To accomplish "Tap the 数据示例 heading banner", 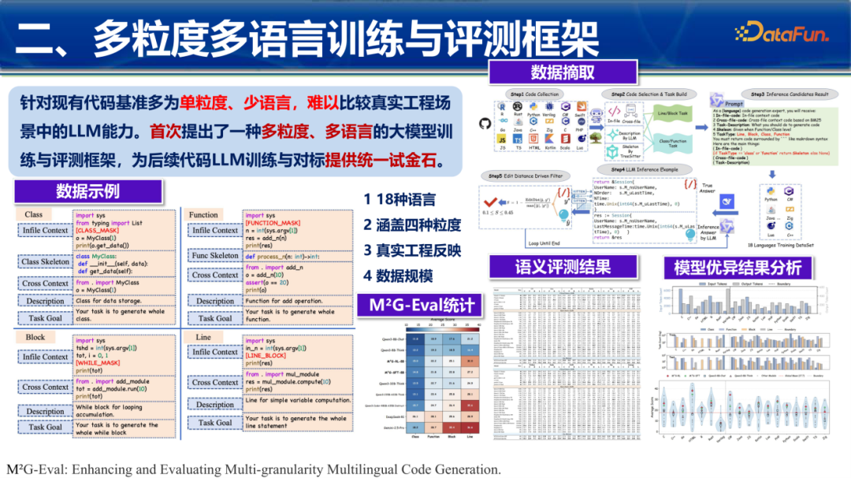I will click(x=87, y=191).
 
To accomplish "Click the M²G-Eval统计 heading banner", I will click(x=417, y=305).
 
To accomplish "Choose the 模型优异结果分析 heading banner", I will click(x=738, y=267).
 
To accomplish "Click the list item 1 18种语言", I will click(x=399, y=200).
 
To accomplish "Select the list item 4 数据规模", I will click(x=398, y=276).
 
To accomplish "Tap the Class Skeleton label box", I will click(x=46, y=261).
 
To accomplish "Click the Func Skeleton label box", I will click(x=215, y=255).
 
